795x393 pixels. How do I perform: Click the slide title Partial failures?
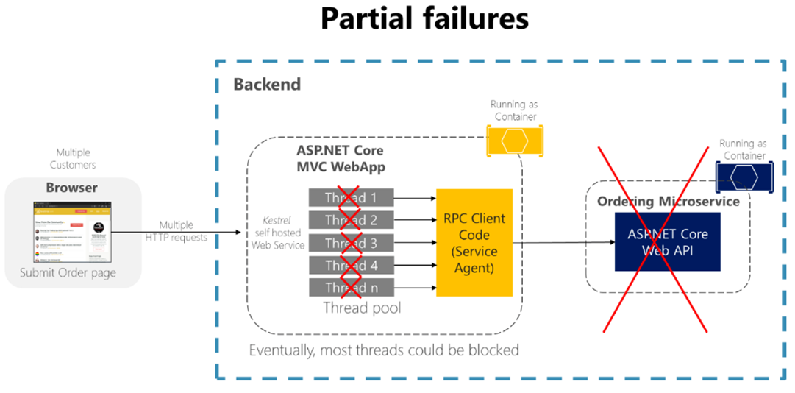click(x=424, y=18)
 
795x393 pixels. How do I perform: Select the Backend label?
click(x=267, y=84)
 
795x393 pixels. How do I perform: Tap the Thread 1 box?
click(x=351, y=198)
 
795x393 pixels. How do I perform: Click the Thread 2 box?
click(x=351, y=220)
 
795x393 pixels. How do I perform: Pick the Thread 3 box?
click(x=351, y=243)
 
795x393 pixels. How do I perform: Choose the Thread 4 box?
click(x=351, y=265)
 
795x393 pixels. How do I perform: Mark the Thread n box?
click(x=351, y=288)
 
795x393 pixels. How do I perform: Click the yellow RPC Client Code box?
click(x=474, y=243)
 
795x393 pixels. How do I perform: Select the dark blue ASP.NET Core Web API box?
click(x=668, y=242)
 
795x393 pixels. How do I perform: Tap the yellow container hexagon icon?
click(x=515, y=140)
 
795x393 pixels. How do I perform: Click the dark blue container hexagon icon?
click(x=744, y=177)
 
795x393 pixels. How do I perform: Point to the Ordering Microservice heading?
click(x=668, y=201)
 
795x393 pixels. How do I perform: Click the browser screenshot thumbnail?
click(x=72, y=232)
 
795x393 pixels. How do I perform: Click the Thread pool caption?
click(x=362, y=308)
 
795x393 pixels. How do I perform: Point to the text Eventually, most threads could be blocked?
click(x=384, y=350)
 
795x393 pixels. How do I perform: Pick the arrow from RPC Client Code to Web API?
click(x=563, y=243)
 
